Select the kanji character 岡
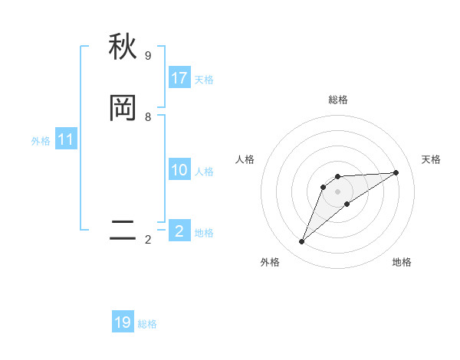click(x=123, y=108)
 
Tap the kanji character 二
click(x=123, y=231)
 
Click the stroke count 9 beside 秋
click(x=148, y=56)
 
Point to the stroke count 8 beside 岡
click(x=148, y=117)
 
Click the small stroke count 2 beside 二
click(x=148, y=240)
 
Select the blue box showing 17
click(x=179, y=78)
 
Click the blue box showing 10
click(x=179, y=170)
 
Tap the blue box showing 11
click(x=66, y=139)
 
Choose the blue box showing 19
click(x=123, y=322)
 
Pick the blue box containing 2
click(x=179, y=231)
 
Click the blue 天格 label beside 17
click(x=204, y=80)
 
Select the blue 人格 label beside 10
click(x=204, y=172)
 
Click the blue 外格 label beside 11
click(x=41, y=141)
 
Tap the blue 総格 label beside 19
click(x=147, y=324)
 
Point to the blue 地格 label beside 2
click(x=204, y=233)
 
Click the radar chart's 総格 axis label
click(x=337, y=100)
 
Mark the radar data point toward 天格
click(x=396, y=172)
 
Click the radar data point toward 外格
click(x=301, y=242)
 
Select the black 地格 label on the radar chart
click(x=402, y=263)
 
